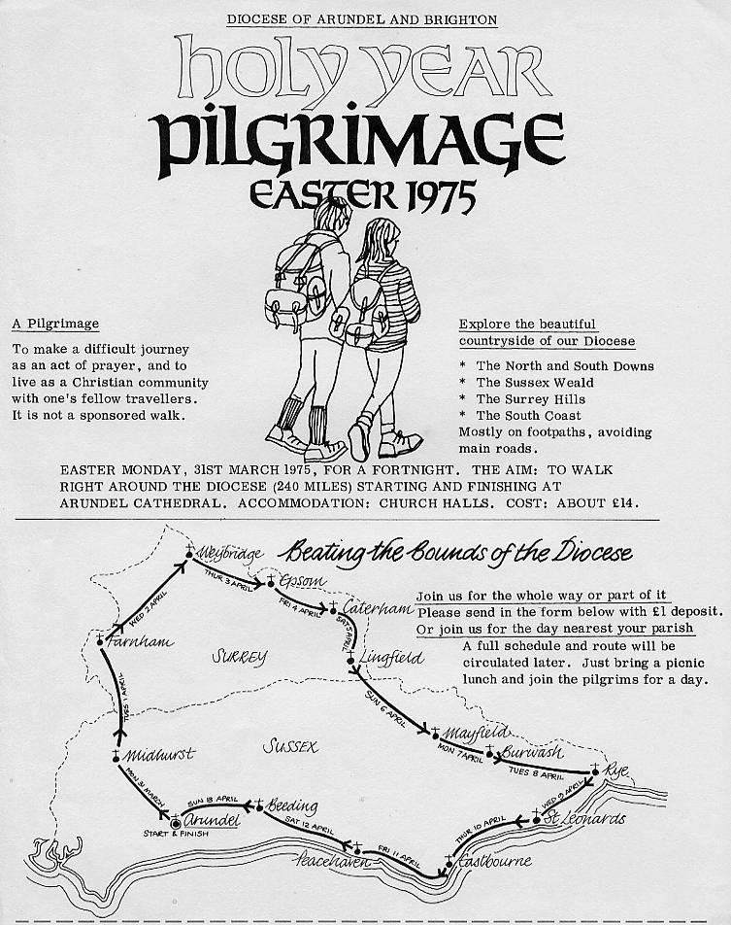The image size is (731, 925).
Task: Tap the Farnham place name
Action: point(143,641)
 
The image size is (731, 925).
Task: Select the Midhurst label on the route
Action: point(160,754)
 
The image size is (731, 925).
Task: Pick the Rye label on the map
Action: point(616,771)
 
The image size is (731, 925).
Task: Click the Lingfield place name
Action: point(391,658)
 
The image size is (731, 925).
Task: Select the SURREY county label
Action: point(239,657)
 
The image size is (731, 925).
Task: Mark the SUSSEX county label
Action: point(291,746)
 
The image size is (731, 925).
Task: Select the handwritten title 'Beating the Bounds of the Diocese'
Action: point(456,554)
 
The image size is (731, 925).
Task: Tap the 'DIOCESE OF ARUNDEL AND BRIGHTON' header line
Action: point(361,19)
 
